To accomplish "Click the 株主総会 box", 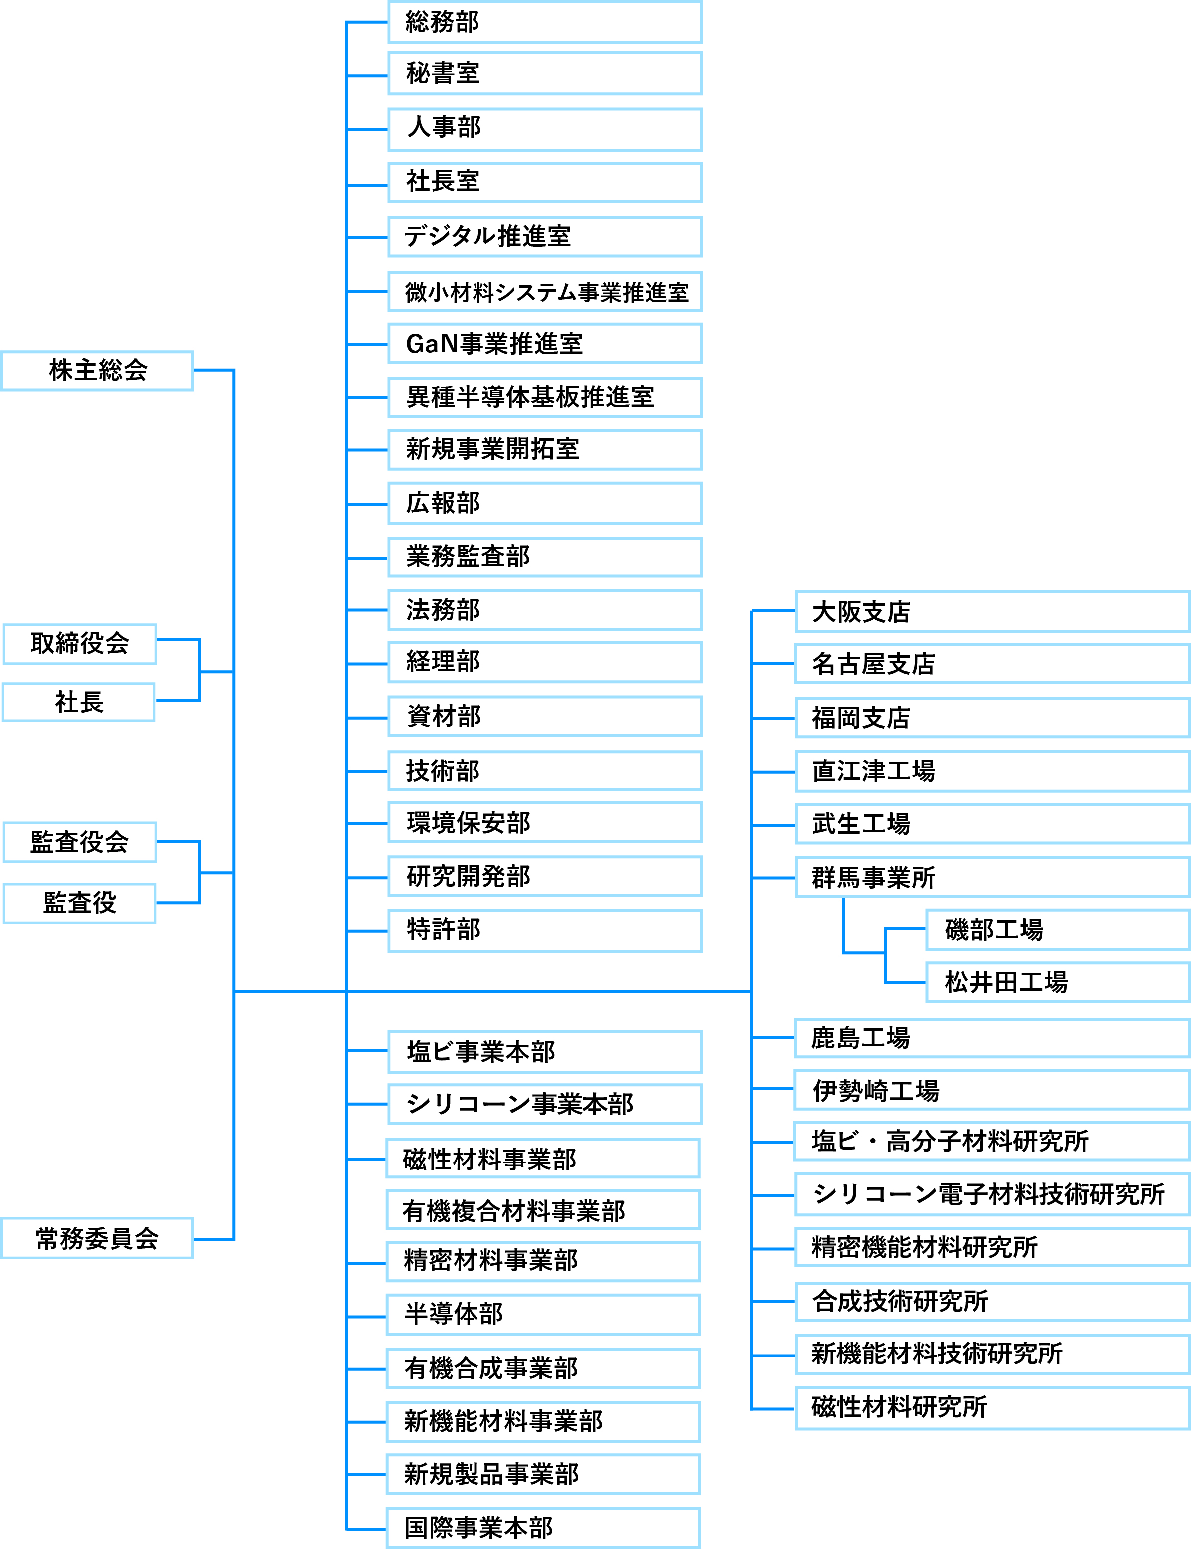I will [97, 371].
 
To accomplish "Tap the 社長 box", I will [79, 702].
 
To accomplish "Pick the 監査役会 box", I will [79, 842].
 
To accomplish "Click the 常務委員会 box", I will [97, 1238].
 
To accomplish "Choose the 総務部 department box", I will [544, 22].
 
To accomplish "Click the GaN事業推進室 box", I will [544, 344].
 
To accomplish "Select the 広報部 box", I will [544, 503].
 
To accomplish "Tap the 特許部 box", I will [544, 930].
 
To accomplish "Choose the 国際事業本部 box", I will [543, 1528].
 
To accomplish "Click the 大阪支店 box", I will [991, 611].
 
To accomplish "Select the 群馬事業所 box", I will [991, 877].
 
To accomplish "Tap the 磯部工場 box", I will [1056, 930].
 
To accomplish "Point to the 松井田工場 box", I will [1056, 982].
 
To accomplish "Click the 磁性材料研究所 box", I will [991, 1407].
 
